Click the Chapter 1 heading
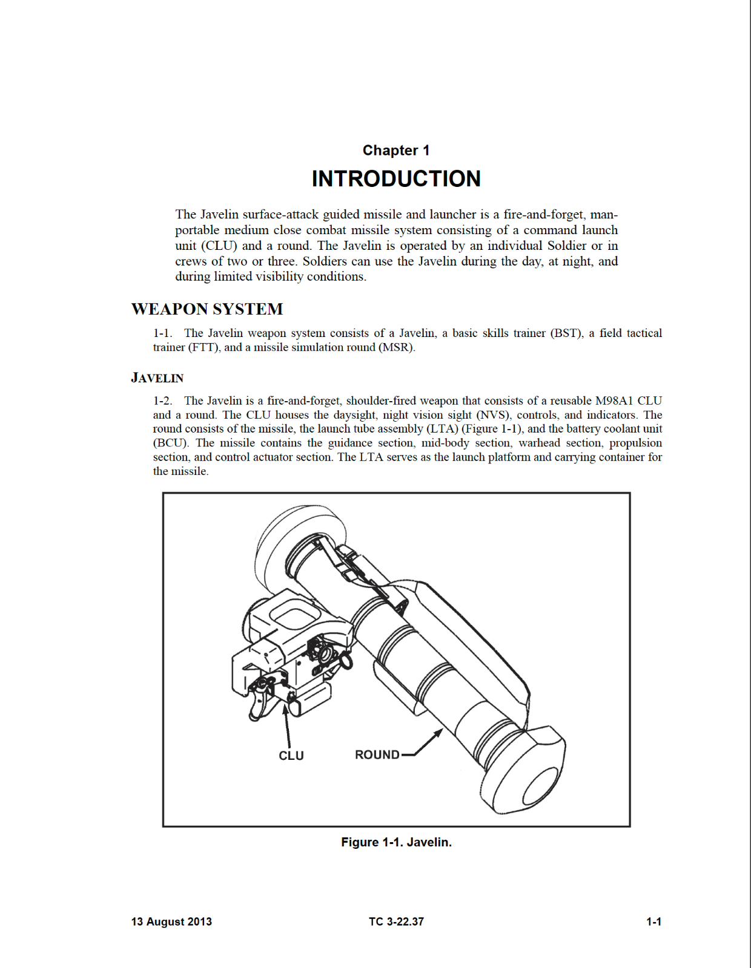pos(396,150)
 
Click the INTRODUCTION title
pos(396,179)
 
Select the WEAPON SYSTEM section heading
pos(207,309)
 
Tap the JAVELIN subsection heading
pos(157,378)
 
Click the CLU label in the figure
pos(291,756)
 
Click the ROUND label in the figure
pos(377,755)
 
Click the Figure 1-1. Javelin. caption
pos(396,842)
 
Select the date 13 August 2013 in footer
pos(171,921)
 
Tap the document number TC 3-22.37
pos(396,921)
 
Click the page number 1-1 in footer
pos(653,921)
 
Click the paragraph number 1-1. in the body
pos(162,333)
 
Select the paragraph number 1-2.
pos(162,401)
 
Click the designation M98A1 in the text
pos(614,401)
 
